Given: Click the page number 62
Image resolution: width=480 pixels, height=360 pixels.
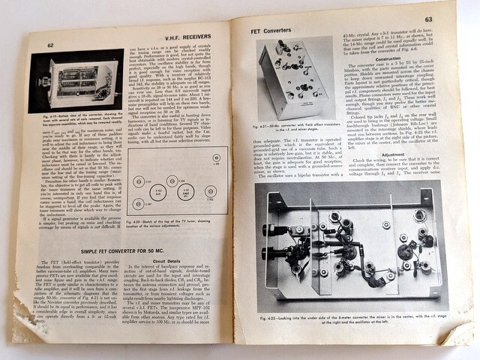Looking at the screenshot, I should click(52, 45).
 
